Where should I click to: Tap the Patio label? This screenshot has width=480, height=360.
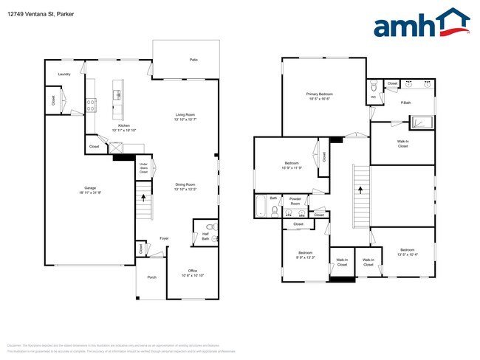(x=193, y=59)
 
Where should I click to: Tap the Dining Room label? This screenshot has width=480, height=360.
(x=185, y=185)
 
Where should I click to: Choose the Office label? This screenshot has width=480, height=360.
(x=191, y=272)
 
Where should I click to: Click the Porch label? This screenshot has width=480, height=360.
(x=151, y=277)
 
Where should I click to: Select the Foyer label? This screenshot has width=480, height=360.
(x=164, y=238)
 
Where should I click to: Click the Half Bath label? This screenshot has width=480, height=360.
(x=205, y=237)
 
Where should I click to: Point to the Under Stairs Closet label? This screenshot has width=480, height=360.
(x=144, y=167)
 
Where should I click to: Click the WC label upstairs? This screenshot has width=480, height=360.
(x=373, y=97)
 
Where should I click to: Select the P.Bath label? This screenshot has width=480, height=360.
(x=405, y=102)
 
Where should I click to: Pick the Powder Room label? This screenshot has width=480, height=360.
(x=295, y=201)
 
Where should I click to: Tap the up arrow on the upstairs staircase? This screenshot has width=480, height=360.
(x=361, y=189)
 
